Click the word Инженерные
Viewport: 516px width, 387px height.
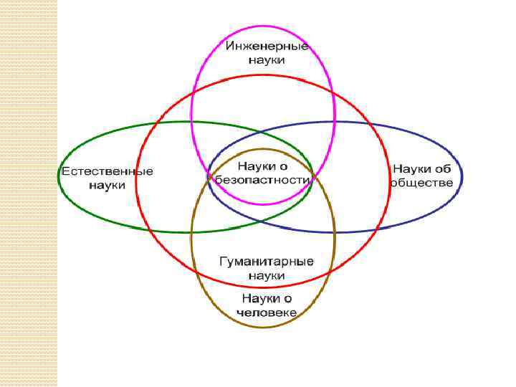[267, 47]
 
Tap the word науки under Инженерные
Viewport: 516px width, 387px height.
[267, 61]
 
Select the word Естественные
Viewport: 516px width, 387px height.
[107, 172]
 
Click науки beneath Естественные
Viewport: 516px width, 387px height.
[107, 186]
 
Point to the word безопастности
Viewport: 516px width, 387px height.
[260, 181]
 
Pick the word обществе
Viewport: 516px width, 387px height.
[421, 182]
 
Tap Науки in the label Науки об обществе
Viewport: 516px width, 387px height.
[412, 168]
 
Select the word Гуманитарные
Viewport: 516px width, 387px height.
[267, 262]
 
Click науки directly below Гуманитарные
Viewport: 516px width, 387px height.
[267, 275]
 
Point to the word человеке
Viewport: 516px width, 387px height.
[267, 312]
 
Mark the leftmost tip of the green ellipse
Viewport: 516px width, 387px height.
[58, 177]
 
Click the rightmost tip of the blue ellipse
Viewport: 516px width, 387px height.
[462, 177]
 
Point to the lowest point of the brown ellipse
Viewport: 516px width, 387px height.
[263, 328]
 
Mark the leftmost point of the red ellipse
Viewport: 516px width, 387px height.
[136, 179]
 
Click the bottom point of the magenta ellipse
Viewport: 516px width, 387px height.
[263, 205]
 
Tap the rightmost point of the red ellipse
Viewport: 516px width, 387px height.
[389, 179]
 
